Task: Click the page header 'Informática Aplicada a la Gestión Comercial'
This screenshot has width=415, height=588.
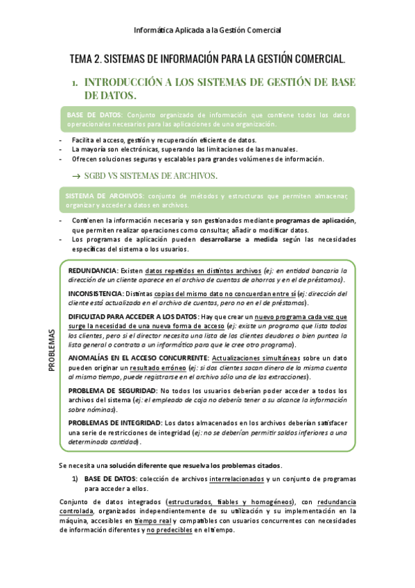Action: coord(207,30)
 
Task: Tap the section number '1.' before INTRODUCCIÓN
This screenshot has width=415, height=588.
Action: coord(74,83)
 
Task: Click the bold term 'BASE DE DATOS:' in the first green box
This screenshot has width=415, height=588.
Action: coord(94,114)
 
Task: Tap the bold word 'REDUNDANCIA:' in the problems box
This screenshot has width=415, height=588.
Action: coord(93,270)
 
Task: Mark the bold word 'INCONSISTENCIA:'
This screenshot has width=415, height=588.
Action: coord(96,294)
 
